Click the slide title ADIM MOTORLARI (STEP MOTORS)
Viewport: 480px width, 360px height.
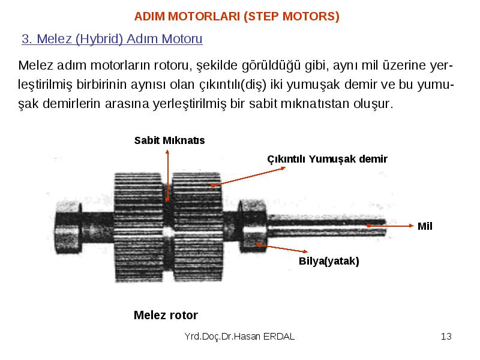click(x=236, y=16)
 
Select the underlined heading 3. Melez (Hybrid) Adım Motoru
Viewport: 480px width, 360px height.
click(x=112, y=39)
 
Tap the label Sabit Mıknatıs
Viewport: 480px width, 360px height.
click(x=169, y=140)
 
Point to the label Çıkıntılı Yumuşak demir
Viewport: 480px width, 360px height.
click(x=327, y=159)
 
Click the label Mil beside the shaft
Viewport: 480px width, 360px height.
click(x=425, y=226)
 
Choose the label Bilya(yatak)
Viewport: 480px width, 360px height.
click(x=329, y=261)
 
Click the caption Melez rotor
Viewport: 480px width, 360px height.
click(x=166, y=315)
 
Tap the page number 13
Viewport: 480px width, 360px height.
click(x=446, y=337)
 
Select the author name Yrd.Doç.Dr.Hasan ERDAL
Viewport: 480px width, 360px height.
click(x=239, y=337)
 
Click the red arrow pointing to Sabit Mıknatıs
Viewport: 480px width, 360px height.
click(x=167, y=175)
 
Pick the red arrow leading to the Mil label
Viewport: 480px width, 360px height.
click(x=391, y=226)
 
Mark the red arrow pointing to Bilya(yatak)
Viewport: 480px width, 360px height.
click(x=282, y=248)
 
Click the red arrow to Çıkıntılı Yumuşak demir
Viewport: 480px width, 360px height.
click(x=248, y=176)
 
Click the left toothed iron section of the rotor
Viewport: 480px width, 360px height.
click(x=139, y=227)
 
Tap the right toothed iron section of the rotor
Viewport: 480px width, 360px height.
click(x=197, y=227)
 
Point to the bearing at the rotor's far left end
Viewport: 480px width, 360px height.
click(x=68, y=227)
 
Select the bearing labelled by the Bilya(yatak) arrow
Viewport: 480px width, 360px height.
click(x=253, y=226)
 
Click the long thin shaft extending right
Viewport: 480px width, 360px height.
click(x=326, y=226)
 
